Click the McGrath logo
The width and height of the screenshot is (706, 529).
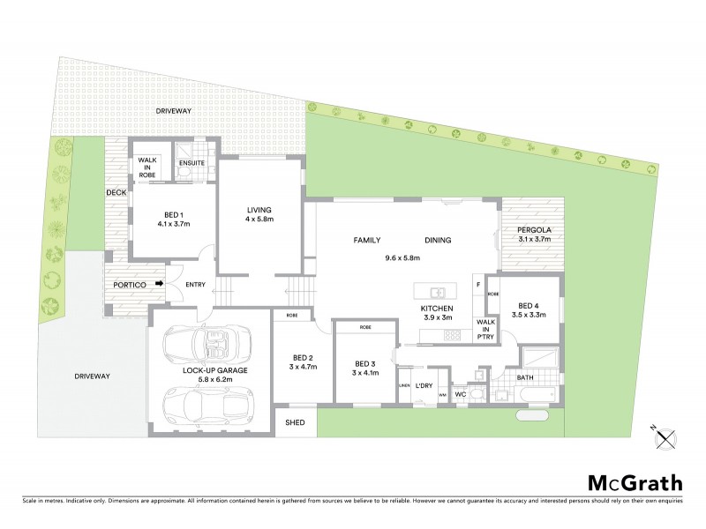(x=635, y=482)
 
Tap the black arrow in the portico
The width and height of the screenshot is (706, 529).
(x=159, y=283)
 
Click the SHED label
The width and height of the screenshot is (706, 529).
(x=295, y=423)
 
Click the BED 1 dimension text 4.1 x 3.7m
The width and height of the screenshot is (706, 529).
(x=174, y=225)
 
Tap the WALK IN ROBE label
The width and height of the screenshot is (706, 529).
(x=146, y=168)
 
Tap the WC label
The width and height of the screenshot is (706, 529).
(x=460, y=394)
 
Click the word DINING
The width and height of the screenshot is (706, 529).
(x=438, y=240)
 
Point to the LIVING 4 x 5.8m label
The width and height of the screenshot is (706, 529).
(x=260, y=214)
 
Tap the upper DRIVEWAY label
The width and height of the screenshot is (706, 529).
(x=173, y=112)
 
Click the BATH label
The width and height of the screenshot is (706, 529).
(x=524, y=379)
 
